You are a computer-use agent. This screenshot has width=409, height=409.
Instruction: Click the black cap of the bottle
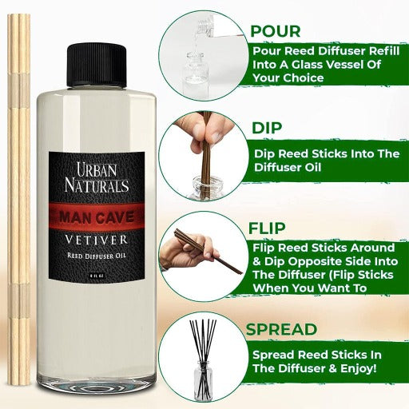[97, 66]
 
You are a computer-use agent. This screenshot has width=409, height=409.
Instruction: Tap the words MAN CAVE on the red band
[97, 216]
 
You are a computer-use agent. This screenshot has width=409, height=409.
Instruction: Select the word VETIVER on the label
[97, 240]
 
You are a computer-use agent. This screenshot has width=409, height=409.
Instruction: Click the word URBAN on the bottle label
[97, 169]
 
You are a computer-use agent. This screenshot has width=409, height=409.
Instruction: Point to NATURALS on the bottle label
[97, 185]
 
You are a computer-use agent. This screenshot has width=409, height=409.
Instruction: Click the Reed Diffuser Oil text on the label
[97, 256]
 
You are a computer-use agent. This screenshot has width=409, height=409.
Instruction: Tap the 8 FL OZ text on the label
[97, 276]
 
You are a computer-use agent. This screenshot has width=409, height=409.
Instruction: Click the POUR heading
[276, 31]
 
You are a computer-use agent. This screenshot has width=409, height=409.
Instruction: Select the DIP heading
[267, 128]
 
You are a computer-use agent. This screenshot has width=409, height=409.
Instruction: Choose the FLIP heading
[267, 228]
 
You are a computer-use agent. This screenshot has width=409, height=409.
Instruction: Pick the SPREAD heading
[281, 329]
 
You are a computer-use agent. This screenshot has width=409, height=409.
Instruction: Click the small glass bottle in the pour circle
[193, 73]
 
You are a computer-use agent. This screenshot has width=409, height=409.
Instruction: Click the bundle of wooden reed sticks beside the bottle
[18, 200]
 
